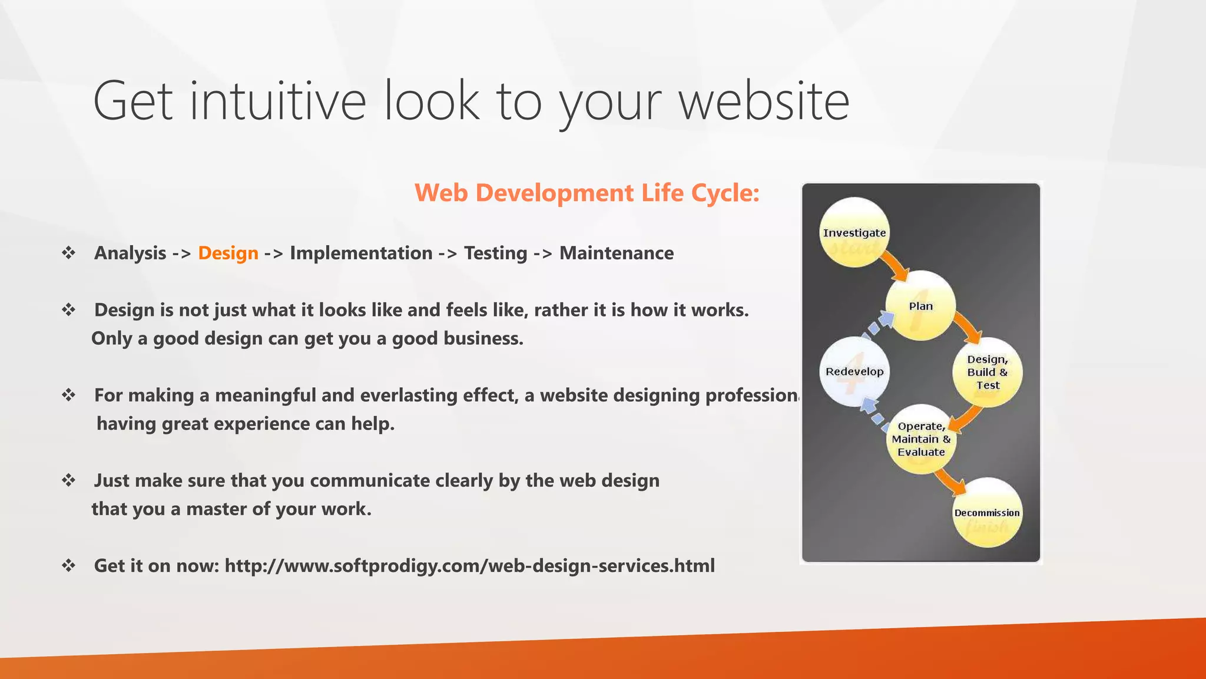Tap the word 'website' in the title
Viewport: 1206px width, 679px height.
pyautogui.click(x=764, y=101)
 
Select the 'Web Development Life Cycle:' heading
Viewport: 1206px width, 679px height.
pyautogui.click(x=587, y=193)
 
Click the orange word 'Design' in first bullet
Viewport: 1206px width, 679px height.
pyautogui.click(x=228, y=253)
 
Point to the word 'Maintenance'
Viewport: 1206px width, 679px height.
pyautogui.click(x=616, y=253)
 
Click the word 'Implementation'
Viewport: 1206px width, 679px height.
pyautogui.click(x=361, y=253)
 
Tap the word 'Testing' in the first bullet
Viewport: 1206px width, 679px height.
pyautogui.click(x=495, y=253)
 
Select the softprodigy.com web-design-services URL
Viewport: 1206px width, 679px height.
pyautogui.click(x=469, y=566)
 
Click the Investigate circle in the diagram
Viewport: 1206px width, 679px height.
pyautogui.click(x=854, y=233)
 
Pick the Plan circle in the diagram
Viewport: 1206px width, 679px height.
pyautogui.click(x=920, y=306)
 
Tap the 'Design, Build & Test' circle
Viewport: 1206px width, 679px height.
pyautogui.click(x=987, y=372)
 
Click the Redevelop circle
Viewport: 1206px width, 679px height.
pyautogui.click(x=854, y=371)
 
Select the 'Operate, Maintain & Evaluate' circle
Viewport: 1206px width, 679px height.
pyautogui.click(x=920, y=439)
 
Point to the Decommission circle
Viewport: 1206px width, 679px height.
pyautogui.click(x=986, y=513)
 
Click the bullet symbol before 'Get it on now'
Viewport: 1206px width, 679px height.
pyautogui.click(x=69, y=566)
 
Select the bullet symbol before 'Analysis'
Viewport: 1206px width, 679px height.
pyautogui.click(x=69, y=253)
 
